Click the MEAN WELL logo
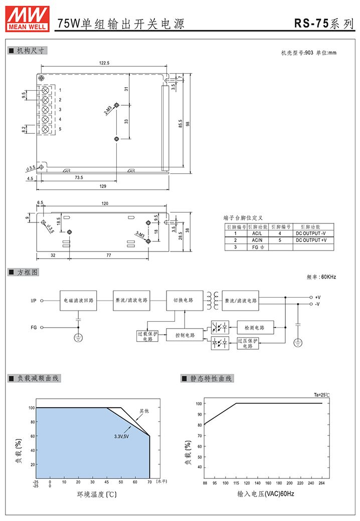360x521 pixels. point(28,19)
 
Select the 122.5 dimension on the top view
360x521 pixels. point(104,63)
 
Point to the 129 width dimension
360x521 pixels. point(103,186)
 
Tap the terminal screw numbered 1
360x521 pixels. point(45,90)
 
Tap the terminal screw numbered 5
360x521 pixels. point(45,129)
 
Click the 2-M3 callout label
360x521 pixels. point(108,110)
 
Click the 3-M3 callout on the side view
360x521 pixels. point(140,234)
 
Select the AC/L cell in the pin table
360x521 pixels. point(257,233)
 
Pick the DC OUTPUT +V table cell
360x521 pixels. point(311,240)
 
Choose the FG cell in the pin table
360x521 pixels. point(258,247)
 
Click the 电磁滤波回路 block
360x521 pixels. point(78,301)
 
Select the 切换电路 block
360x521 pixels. point(185,301)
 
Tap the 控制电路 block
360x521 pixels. point(185,335)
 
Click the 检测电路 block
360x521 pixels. point(255,328)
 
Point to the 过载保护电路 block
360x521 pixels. point(147,336)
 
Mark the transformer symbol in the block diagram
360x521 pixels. point(213,301)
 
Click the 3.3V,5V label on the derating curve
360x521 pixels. point(121,436)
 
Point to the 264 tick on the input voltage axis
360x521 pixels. point(321,483)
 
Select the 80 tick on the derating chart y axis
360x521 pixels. point(33,422)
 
